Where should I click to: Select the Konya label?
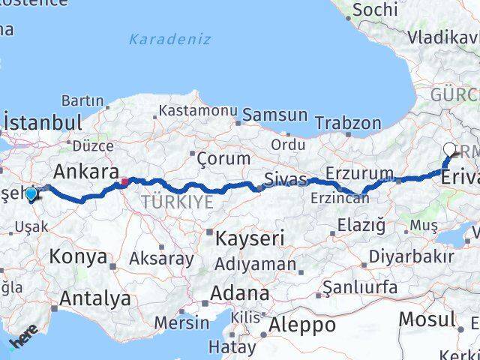(x=78, y=256)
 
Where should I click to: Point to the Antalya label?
(x=94, y=298)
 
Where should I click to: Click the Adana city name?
(x=239, y=292)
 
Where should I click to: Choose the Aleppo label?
(x=302, y=325)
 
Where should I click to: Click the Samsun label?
(x=274, y=115)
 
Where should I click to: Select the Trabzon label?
(x=347, y=122)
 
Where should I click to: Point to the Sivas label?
(x=285, y=179)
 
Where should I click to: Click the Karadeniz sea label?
(x=169, y=39)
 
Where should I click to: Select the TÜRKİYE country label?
(x=175, y=202)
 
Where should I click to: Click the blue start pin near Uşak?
(x=31, y=194)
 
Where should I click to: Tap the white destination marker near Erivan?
(x=449, y=149)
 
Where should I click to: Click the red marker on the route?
(x=124, y=181)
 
